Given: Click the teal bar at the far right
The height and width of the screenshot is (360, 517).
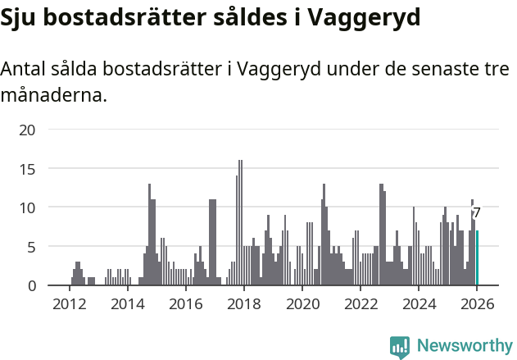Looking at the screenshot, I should (478, 258).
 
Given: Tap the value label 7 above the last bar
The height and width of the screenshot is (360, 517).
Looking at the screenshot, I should (477, 213).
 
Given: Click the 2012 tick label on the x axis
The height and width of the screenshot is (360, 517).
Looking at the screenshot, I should (69, 303).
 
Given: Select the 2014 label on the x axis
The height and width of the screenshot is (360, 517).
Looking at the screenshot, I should (127, 303).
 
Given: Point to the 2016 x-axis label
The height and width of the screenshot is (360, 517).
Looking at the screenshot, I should (185, 303).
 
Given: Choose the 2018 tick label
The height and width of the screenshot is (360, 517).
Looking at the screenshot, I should (243, 303).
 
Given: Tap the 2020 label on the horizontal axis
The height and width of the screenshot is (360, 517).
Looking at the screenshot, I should (302, 303).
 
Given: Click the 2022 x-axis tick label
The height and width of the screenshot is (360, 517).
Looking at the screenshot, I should (361, 303).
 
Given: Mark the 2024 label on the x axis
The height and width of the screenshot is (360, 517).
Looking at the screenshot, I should (419, 303).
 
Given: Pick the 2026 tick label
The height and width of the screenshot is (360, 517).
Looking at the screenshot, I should (477, 303).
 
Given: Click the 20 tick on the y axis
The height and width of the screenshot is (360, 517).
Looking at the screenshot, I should (28, 130).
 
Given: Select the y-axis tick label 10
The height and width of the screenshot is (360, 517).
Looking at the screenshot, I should (28, 207).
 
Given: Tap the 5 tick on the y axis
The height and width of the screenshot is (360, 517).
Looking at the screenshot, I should (32, 246).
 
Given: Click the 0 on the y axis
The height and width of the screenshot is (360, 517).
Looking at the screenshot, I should (32, 285).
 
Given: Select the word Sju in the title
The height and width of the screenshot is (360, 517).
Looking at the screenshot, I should (21, 18).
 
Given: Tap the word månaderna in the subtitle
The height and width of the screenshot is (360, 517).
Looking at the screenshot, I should (53, 95).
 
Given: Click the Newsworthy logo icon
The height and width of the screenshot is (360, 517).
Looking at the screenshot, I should (400, 347).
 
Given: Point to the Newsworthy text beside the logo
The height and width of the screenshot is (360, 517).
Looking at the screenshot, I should (465, 347).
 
